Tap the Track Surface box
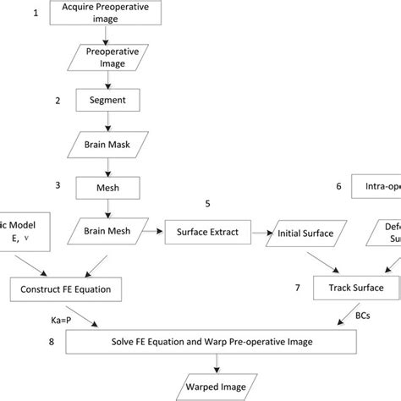coord(355,288)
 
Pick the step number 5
coord(207,204)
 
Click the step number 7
coord(297,288)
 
